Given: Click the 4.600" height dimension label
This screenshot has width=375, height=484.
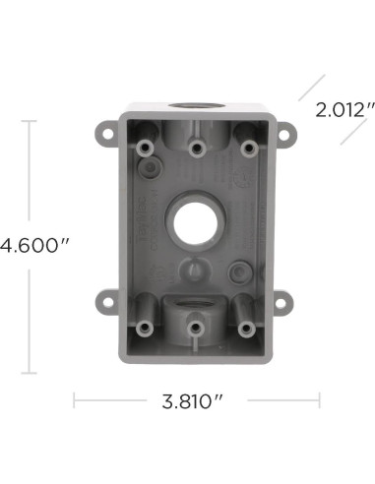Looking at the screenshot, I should [x=27, y=247].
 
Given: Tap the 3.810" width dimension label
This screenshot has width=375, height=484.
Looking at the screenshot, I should [x=194, y=402].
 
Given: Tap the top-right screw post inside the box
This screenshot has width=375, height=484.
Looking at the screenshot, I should [x=247, y=147].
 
